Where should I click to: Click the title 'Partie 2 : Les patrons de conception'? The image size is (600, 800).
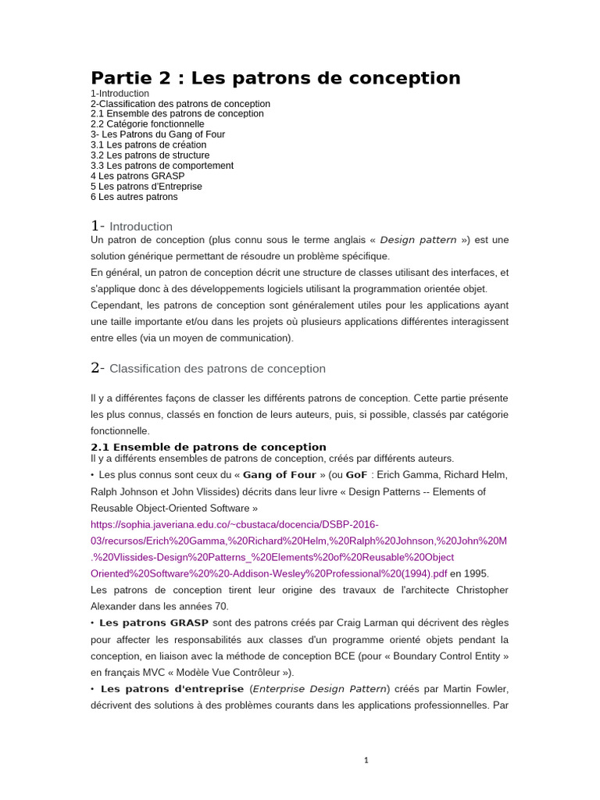[x=275, y=78]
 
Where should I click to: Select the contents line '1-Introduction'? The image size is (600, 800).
[x=120, y=94]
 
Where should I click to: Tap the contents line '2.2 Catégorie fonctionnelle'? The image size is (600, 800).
[x=148, y=124]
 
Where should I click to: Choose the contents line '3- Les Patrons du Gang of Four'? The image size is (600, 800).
[x=158, y=134]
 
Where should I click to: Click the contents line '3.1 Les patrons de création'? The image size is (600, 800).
[x=148, y=145]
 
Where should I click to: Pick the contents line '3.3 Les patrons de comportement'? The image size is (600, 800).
[x=162, y=166]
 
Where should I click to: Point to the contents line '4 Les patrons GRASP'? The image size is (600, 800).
[x=137, y=176]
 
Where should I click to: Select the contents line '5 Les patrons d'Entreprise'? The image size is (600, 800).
[x=146, y=187]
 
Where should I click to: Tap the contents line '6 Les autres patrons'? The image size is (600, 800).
[x=134, y=197]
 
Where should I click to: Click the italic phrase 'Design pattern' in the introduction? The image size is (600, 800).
[x=418, y=240]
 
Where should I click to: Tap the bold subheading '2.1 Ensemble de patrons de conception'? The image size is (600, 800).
[x=209, y=447]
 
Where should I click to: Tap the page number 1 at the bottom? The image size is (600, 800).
[x=366, y=760]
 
